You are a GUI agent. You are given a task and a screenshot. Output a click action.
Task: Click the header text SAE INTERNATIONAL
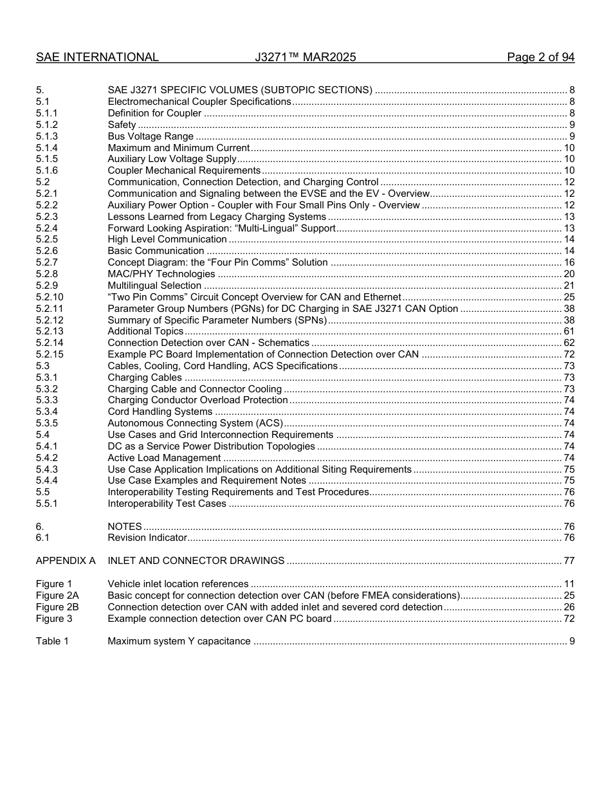point(97,57)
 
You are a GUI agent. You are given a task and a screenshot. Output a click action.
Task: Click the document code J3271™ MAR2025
point(305,57)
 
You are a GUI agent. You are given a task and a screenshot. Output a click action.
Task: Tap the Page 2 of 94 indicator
point(540,57)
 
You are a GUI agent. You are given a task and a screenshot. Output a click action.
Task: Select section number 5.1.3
point(47,136)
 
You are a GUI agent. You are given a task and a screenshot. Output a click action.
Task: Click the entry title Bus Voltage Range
point(150,136)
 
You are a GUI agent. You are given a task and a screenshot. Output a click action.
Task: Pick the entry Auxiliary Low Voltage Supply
point(172,159)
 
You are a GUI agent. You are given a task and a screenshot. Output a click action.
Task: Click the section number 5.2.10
point(50,297)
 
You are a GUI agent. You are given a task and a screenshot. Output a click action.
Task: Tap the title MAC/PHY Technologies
point(161,274)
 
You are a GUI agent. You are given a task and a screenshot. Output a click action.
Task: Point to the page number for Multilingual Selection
point(569,286)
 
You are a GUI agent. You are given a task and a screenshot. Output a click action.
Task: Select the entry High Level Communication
point(167,239)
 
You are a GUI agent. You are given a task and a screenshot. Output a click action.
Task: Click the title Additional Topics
point(145,331)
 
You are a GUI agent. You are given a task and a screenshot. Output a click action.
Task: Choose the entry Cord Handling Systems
point(160,412)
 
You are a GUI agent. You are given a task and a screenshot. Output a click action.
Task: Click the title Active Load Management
point(164,458)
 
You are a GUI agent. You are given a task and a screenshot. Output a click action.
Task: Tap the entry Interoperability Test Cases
point(167,504)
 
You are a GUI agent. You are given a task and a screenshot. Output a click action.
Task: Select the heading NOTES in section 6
point(125,527)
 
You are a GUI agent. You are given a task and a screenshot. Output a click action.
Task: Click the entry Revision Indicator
point(147,538)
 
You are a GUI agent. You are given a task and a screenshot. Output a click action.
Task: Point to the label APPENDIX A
point(66,561)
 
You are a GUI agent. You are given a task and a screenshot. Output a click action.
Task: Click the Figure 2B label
point(57,607)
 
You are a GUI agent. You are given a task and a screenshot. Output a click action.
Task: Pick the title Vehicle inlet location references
point(178,584)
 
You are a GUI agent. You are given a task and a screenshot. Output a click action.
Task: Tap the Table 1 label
point(52,641)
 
